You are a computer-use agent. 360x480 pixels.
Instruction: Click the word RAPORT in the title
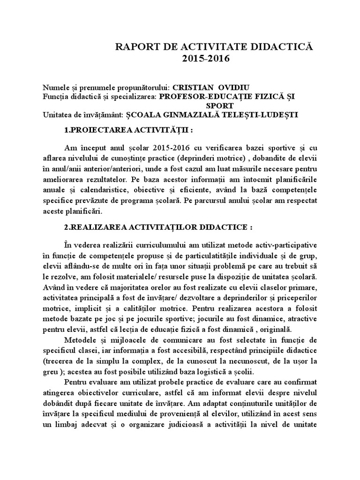click(136, 47)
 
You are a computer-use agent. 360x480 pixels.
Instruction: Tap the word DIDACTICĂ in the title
click(280, 47)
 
